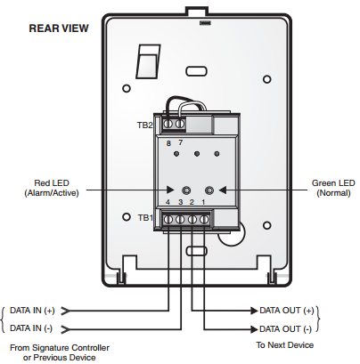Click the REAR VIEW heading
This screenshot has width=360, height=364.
coord(59,28)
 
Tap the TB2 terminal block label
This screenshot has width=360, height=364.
coord(145,125)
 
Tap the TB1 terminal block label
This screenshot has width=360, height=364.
coord(145,218)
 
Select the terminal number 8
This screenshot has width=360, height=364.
coord(168,143)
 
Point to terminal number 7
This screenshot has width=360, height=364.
coord(180,142)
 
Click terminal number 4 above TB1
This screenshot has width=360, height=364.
coord(168,202)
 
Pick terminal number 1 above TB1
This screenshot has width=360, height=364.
coord(203,202)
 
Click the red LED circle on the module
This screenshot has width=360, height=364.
coord(186,190)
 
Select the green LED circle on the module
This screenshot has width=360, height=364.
coord(209,190)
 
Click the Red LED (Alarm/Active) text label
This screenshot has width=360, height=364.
coord(52,188)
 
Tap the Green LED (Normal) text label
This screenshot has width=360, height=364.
coord(333,188)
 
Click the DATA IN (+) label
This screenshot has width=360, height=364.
coord(32,311)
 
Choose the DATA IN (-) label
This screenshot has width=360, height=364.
coord(31,328)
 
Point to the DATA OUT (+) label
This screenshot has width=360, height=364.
coord(287,311)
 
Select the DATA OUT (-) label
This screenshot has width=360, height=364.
coord(285,329)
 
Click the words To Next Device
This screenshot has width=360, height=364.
coord(285,345)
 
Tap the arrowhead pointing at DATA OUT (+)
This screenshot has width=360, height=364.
coord(254,311)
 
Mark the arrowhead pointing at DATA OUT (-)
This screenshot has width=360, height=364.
coord(254,329)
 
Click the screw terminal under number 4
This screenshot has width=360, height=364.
coord(168,220)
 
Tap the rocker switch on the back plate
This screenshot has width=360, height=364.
coord(148,61)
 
